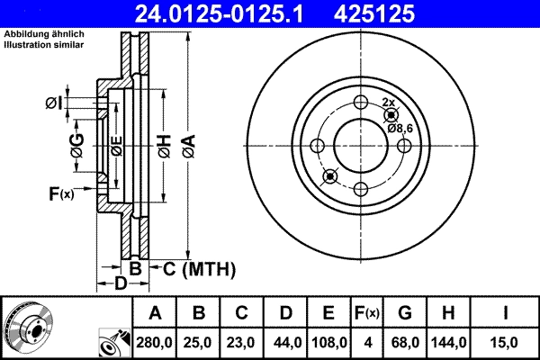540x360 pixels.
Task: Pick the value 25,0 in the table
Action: point(199,341)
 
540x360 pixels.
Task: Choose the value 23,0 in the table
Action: point(242,341)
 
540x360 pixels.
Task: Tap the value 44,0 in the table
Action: point(285,341)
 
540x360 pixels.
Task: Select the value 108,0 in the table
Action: point(329,341)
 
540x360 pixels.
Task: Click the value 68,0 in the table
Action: point(404,341)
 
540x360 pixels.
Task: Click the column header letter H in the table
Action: point(448,313)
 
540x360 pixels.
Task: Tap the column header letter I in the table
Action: point(506,313)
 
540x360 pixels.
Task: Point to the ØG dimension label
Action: point(77,149)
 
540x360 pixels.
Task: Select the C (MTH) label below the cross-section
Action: point(193,268)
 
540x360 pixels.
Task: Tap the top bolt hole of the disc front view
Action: point(361,103)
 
